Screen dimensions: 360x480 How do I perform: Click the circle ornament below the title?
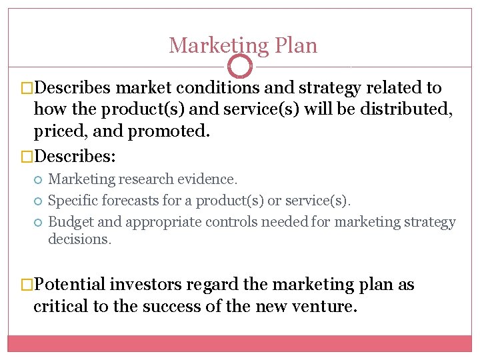coord(240,66)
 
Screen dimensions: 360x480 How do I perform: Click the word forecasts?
coord(135,201)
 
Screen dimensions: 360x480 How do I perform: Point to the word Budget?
coord(70,222)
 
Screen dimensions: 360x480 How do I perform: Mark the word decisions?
coord(79,239)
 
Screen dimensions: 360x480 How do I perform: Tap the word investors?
coord(147,285)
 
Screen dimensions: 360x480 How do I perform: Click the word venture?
coord(329,307)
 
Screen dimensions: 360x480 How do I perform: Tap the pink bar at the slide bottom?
coord(240,343)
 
